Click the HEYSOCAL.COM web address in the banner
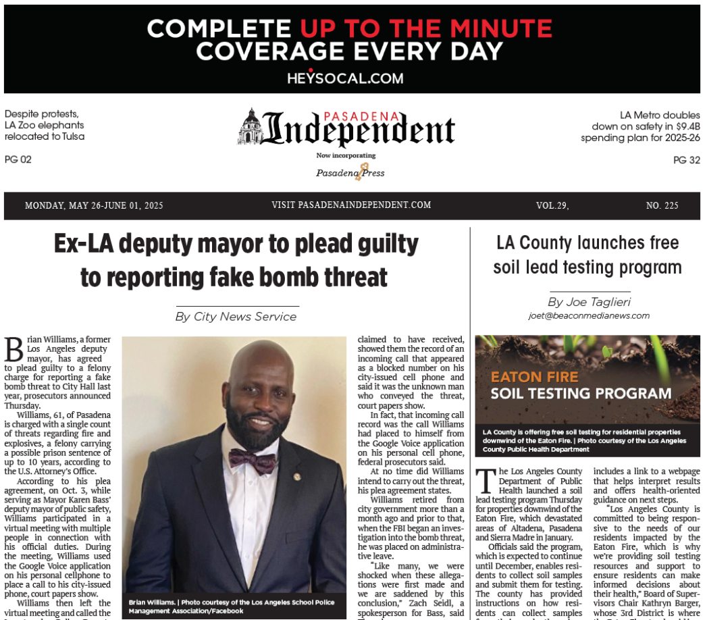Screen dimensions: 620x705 [345, 78]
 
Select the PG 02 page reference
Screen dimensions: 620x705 [18, 159]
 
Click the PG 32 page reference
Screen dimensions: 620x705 [686, 160]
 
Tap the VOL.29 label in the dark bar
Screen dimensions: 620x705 [552, 205]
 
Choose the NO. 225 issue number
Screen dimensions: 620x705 [662, 205]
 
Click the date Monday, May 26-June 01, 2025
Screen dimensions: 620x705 [94, 205]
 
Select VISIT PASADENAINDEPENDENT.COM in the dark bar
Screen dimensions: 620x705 [351, 205]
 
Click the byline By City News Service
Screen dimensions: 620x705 [236, 316]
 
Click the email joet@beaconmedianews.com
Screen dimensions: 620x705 [589, 315]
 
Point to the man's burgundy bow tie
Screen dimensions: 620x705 [253, 461]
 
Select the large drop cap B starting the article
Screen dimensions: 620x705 [14, 350]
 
